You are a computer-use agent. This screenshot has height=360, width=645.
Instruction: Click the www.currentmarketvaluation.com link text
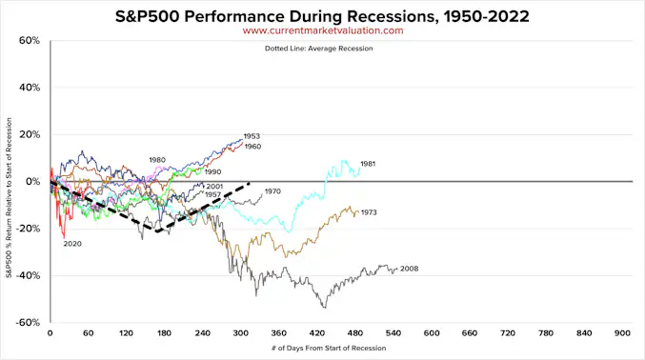click(322, 30)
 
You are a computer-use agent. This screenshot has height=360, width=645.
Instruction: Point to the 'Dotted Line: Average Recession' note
click(322, 49)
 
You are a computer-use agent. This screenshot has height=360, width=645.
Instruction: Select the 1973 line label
click(371, 212)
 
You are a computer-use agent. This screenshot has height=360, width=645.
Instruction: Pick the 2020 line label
click(73, 244)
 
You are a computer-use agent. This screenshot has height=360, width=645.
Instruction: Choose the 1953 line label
click(252, 136)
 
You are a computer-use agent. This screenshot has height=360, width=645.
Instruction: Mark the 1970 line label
click(273, 191)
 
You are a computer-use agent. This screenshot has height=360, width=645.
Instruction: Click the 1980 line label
click(158, 159)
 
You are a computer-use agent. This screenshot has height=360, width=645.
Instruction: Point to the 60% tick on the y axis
click(30, 42)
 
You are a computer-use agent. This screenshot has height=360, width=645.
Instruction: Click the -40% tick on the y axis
click(29, 276)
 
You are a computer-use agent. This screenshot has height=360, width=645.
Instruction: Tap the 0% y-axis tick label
click(33, 182)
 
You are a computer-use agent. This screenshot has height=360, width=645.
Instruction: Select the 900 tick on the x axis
click(622, 333)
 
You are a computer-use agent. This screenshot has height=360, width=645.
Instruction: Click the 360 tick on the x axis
click(278, 333)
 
